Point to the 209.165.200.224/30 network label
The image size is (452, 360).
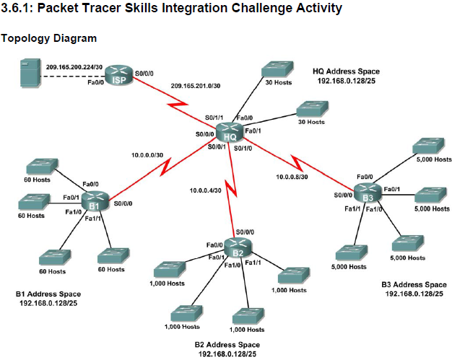(x=72, y=66)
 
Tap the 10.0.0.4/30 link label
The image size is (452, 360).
(x=204, y=190)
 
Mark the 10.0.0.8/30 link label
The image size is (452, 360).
(x=292, y=175)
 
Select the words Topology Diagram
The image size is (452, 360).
(x=49, y=38)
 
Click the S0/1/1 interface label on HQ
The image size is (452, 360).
(x=214, y=117)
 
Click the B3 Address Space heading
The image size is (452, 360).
(x=414, y=284)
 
